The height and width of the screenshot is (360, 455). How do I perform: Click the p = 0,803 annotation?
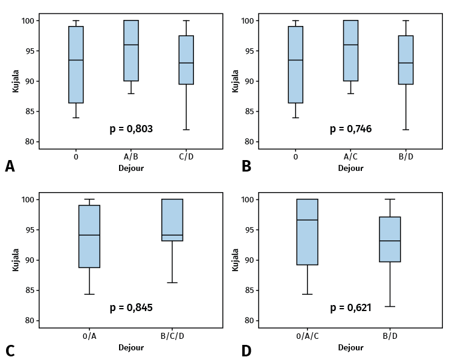pyautogui.click(x=131, y=129)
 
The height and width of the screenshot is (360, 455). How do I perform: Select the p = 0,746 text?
pyautogui.click(x=350, y=129)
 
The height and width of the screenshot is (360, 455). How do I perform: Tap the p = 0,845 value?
pyautogui.click(x=131, y=307)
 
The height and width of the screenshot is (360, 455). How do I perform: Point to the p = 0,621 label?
pyautogui.click(x=350, y=307)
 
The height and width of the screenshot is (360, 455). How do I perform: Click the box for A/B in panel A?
pyautogui.click(x=131, y=51)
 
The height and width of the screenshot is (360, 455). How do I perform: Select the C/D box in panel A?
pyautogui.click(x=186, y=60)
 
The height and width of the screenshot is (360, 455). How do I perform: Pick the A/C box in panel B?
pyautogui.click(x=350, y=51)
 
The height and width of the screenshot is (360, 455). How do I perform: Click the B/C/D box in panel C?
pyautogui.click(x=172, y=220)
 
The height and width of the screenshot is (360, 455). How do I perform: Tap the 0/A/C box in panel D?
pyautogui.click(x=308, y=232)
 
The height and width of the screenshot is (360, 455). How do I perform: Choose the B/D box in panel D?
pyautogui.click(x=390, y=239)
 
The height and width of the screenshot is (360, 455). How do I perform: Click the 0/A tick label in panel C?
pyautogui.click(x=89, y=336)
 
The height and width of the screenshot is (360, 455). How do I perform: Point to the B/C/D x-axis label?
pyautogui.click(x=172, y=336)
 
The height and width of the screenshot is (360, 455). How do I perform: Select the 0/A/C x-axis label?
pyautogui.click(x=308, y=336)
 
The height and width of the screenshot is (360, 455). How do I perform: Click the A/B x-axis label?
pyautogui.click(x=131, y=157)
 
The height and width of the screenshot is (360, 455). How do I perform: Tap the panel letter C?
pyautogui.click(x=10, y=351)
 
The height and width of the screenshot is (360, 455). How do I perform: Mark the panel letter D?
pyautogui.click(x=246, y=351)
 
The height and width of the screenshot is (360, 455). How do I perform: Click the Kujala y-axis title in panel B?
pyautogui.click(x=236, y=80)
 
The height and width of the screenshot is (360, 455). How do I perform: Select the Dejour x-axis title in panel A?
pyautogui.click(x=131, y=169)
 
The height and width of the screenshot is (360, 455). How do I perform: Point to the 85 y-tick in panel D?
pyautogui.click(x=247, y=291)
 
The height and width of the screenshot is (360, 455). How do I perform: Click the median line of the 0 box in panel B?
pyautogui.click(x=295, y=60)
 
